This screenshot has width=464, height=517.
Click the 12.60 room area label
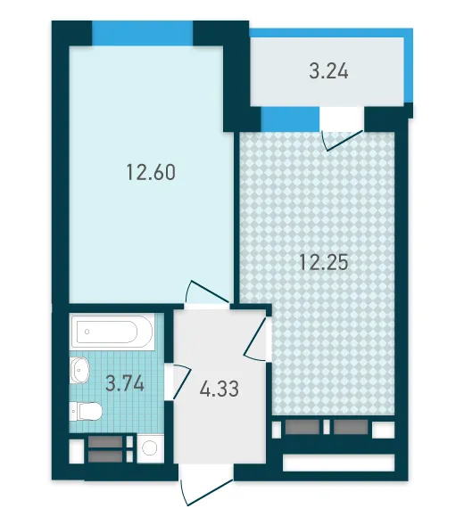151,172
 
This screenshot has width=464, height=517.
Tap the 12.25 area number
324,263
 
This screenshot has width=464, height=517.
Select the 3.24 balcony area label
328,71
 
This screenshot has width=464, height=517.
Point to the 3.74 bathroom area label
125,384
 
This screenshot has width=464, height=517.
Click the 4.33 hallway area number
220,389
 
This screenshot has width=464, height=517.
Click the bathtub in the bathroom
112,332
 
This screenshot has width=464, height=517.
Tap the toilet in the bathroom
86,411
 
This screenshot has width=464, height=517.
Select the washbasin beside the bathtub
79,370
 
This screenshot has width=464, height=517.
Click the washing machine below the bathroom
150,448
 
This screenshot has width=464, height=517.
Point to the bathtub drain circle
87,332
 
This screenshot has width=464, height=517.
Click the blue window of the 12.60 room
142,33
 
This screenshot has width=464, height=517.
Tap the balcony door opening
342,119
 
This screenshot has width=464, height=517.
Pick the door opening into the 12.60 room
208,294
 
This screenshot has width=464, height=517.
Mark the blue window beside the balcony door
290,119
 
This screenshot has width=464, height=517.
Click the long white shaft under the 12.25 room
338,463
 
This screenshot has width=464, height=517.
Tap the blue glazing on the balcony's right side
409,66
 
